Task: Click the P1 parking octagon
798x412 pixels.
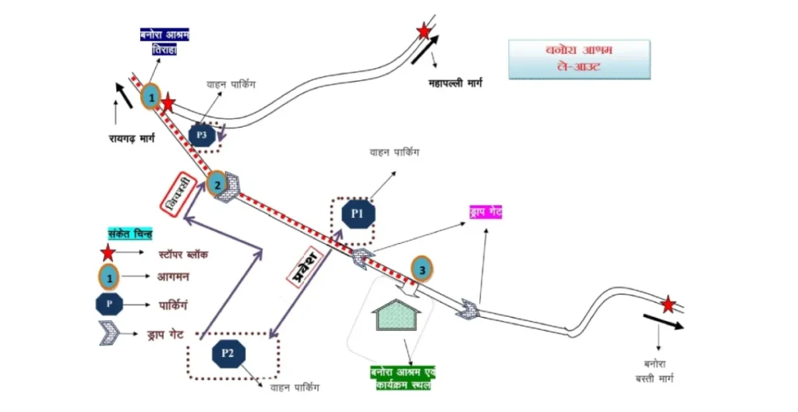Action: point(358,213)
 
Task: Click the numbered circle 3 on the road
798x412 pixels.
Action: point(422,269)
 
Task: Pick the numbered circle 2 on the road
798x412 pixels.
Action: point(217,184)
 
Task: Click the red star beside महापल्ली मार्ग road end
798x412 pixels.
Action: point(424,31)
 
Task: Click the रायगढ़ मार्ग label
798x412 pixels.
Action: point(132,139)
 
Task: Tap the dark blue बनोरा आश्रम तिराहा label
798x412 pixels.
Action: point(164,41)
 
